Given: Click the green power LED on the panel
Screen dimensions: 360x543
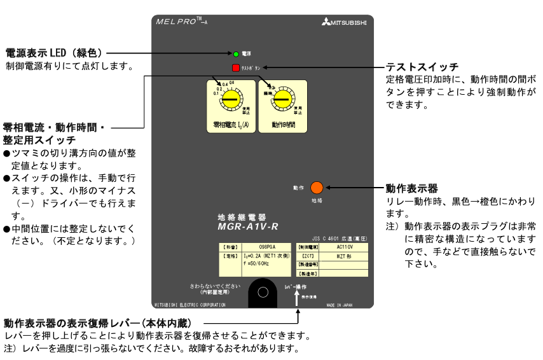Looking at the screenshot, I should (235, 55).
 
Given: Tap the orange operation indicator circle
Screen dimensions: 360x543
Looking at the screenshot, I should (317, 188).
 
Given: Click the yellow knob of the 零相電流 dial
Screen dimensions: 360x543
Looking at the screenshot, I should (230, 100).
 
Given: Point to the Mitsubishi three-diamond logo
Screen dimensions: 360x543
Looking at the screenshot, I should (326, 23).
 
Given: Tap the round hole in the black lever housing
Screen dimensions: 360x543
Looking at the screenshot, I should (263, 293).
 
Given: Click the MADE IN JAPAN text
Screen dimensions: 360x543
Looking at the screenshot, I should (339, 305).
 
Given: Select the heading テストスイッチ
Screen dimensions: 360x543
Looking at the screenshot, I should (422, 67).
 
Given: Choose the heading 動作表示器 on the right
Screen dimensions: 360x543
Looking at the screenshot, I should (412, 188).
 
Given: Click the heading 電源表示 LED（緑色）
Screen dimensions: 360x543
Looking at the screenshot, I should (55, 52).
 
